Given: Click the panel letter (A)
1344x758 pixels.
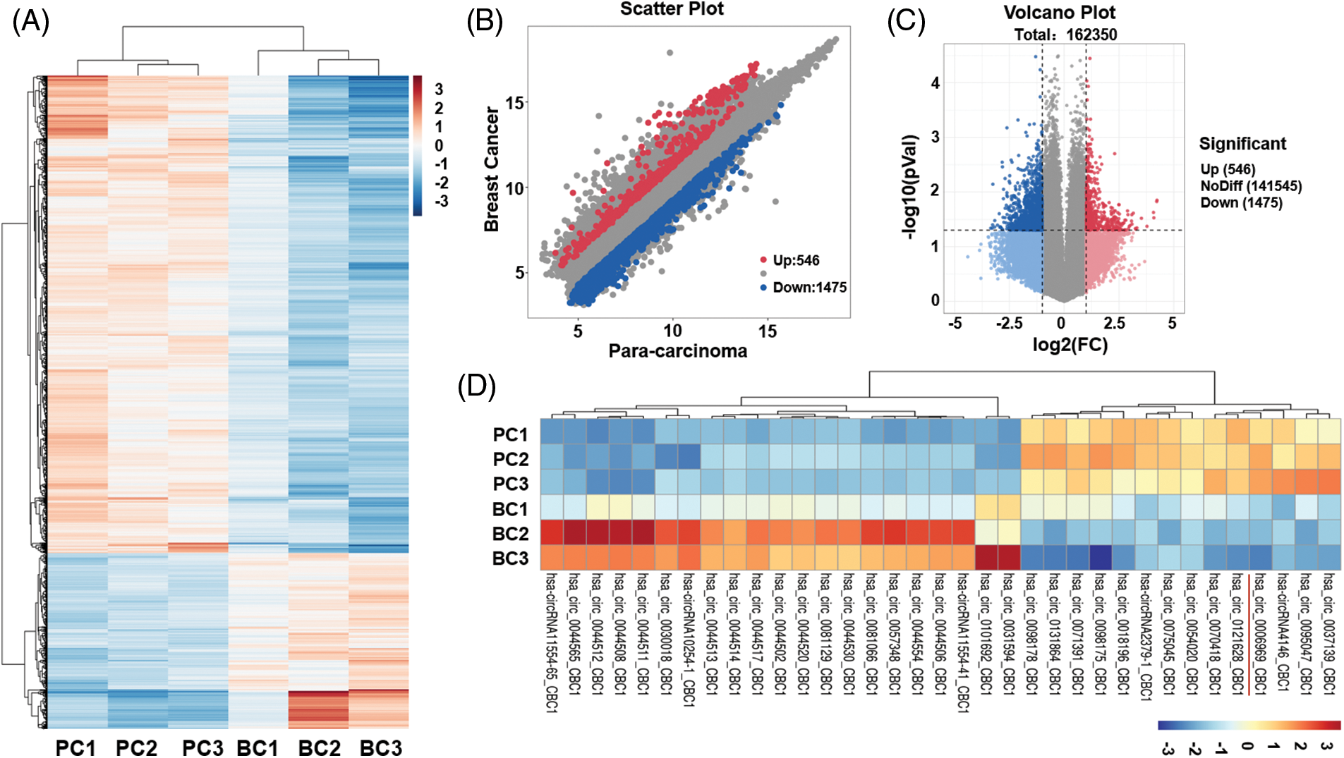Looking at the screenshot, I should point(30,23).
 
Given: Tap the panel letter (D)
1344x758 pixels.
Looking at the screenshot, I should point(476,386).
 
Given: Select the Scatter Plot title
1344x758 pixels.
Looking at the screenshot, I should point(672,9).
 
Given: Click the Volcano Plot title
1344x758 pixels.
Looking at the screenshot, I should point(1059,13).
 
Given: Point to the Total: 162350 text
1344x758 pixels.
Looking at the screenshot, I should point(1065,35).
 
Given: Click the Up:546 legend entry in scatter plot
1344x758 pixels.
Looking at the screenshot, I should point(795,260).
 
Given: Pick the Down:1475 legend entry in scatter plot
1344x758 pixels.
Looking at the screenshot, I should point(809,287).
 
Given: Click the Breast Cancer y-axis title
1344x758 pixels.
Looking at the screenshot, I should point(491,169).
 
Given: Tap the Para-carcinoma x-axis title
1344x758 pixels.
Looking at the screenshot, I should point(677,350).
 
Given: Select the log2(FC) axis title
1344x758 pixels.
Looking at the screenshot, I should point(1070,344).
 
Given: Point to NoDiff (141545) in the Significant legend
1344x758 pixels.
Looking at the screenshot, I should point(1251,186).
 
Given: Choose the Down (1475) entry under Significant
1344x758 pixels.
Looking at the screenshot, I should point(1241,203).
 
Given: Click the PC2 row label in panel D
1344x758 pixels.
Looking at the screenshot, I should point(510,459).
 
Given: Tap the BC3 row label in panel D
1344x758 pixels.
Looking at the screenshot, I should point(510,558).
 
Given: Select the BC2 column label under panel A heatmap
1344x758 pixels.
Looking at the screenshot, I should point(319,747).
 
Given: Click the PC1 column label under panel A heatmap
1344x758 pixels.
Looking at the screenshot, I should point(75,747).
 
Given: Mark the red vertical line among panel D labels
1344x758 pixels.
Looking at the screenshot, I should point(1249,635).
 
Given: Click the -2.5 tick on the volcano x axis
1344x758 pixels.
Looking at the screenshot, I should point(1009,323).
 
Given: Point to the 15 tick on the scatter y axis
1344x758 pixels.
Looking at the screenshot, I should point(514,104).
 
